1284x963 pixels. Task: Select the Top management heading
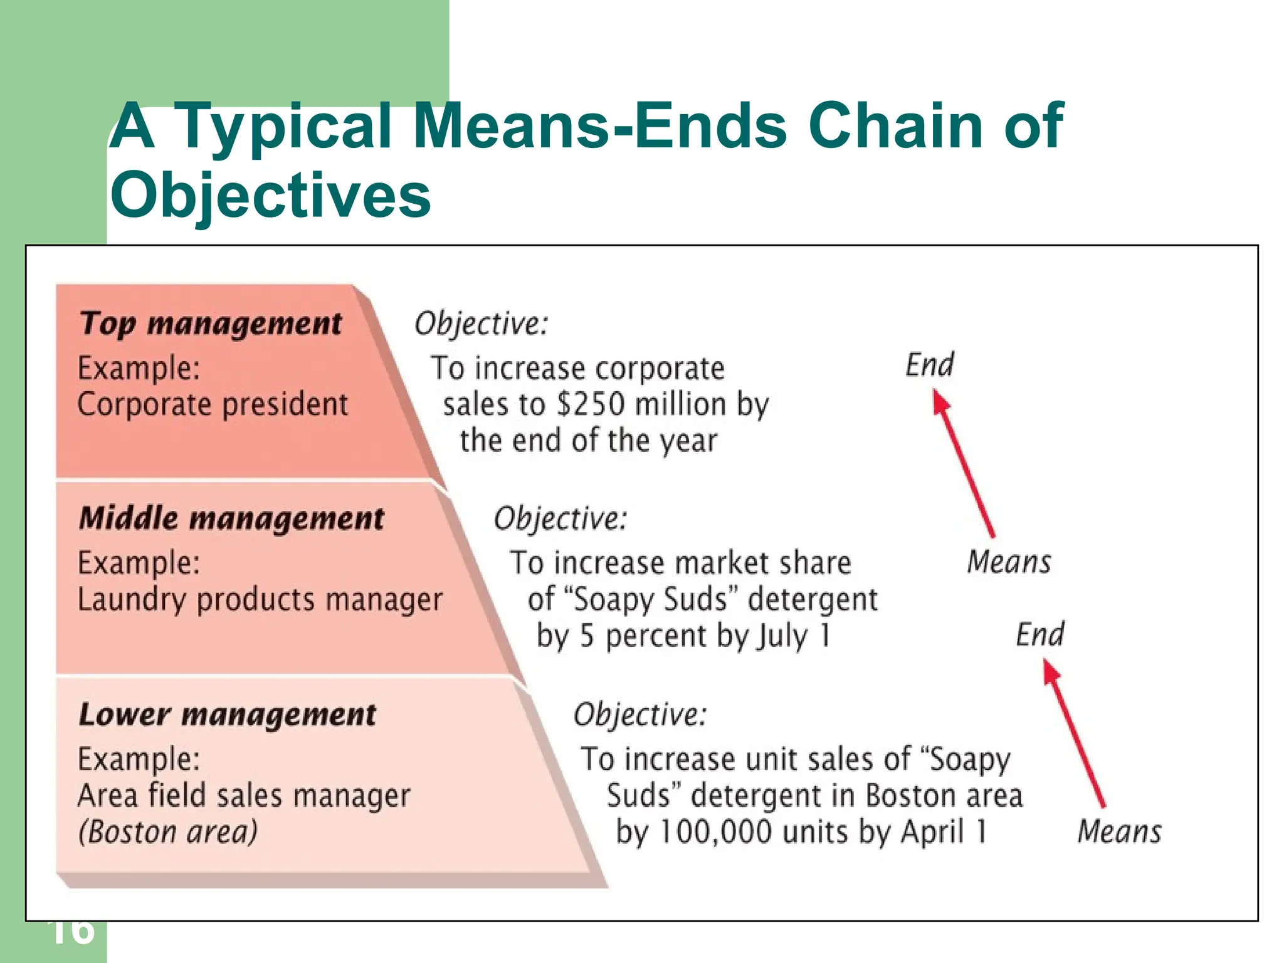click(211, 324)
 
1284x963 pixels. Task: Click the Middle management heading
click(231, 518)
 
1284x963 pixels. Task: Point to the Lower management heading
click(227, 714)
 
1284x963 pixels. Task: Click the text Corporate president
click(212, 404)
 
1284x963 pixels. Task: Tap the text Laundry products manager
click(260, 599)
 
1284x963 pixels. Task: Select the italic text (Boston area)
click(167, 832)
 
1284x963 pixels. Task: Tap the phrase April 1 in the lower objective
click(944, 832)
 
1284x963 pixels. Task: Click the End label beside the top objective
click(930, 364)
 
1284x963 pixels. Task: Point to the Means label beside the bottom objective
click(1119, 832)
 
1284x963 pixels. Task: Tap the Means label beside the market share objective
click(1009, 562)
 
